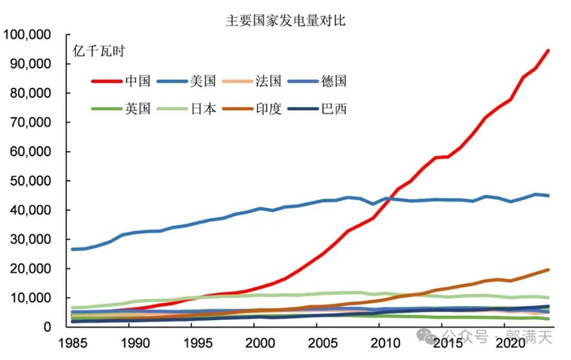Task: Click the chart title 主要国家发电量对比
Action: (x=285, y=20)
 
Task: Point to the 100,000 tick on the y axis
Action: (x=28, y=34)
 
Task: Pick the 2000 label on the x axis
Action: (x=258, y=344)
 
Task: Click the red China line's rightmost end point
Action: (x=547, y=51)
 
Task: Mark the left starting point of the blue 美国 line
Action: (x=73, y=249)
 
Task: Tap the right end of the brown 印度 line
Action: (x=547, y=269)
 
